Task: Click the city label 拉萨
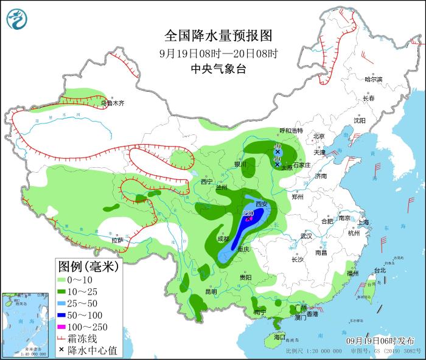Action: (117, 240)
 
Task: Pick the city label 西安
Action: (262, 204)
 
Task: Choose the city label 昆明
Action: (211, 291)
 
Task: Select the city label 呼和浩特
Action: (290, 131)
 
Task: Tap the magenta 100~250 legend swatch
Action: (62, 327)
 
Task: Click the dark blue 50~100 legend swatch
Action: (62, 315)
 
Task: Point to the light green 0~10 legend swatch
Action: (62, 280)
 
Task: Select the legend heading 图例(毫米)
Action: (88, 266)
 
